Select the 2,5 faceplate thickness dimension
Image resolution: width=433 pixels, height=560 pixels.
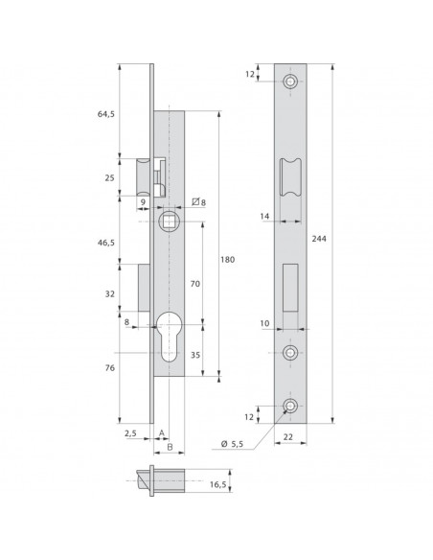130,433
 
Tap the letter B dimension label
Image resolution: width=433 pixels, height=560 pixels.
168,446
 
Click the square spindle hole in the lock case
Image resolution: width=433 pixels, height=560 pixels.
168,222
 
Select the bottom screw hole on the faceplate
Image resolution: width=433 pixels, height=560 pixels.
290,408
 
